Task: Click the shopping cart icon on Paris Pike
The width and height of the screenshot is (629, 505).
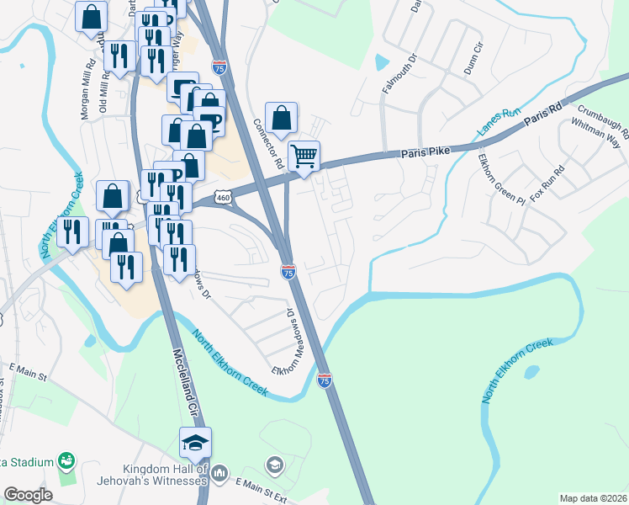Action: tap(304, 155)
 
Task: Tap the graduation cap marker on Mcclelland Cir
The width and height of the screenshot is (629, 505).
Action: tap(195, 442)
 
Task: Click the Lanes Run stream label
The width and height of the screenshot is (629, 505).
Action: tap(499, 124)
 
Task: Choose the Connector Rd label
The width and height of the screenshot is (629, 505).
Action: tap(267, 142)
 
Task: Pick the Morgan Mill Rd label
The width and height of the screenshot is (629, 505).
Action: tap(87, 91)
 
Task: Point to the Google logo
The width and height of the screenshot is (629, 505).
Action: tap(28, 495)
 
